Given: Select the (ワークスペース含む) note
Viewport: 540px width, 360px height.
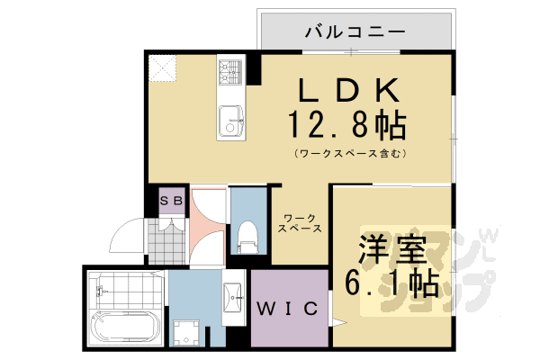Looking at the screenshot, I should [349, 153].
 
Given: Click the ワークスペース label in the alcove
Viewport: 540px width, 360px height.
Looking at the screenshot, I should [298, 223].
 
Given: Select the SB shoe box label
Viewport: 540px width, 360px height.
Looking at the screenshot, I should [172, 202].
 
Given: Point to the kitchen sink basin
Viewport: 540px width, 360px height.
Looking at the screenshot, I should [230, 119].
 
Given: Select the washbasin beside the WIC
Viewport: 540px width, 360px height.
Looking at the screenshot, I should [232, 297].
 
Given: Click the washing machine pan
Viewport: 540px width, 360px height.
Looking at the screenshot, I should [187, 331].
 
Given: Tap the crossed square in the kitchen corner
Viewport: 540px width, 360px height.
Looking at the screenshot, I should [163, 67].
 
